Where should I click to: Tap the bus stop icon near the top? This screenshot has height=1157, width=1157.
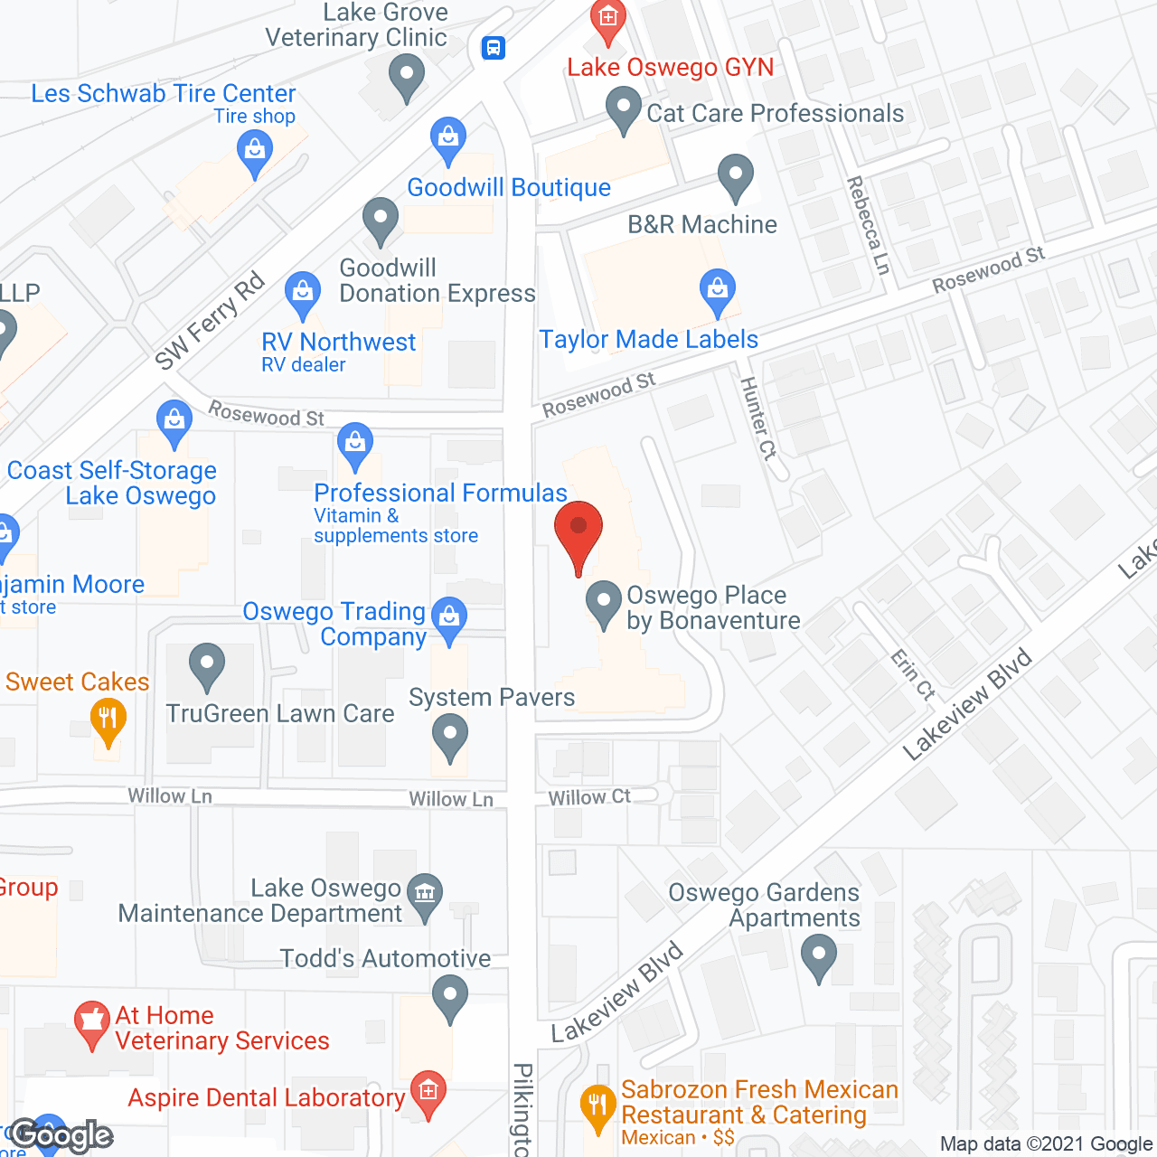(x=493, y=47)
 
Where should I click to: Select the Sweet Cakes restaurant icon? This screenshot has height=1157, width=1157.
(x=108, y=720)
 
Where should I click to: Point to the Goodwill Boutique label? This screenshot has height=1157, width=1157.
(x=509, y=188)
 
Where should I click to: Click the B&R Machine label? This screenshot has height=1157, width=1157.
(x=702, y=224)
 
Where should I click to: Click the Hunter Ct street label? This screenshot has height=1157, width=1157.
(x=757, y=419)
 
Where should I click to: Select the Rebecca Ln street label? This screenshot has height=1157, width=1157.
(x=868, y=225)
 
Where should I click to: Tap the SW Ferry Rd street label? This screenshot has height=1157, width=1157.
(x=210, y=321)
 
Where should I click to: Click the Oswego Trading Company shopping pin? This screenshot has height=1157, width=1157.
(x=449, y=619)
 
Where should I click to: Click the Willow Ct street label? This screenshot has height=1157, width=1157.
(x=589, y=797)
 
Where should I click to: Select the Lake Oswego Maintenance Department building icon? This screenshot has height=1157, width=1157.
(x=424, y=895)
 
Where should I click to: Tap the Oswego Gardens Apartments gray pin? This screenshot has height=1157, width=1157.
(x=819, y=955)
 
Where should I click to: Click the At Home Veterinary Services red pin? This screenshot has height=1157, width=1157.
(x=91, y=1023)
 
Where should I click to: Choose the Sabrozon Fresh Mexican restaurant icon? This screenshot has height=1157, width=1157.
(x=597, y=1107)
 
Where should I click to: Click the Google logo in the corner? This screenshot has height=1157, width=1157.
(x=61, y=1135)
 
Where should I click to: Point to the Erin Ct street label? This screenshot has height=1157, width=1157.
(x=912, y=674)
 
